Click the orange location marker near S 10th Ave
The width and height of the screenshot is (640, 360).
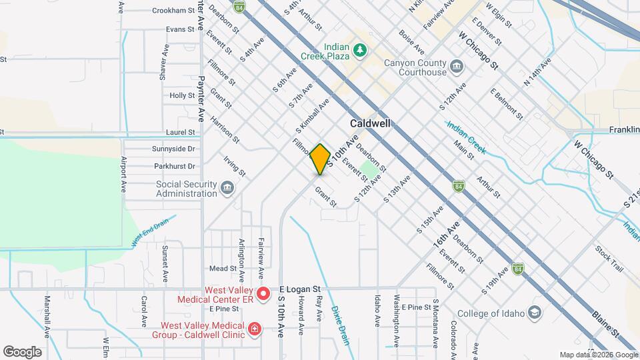[x=320, y=159]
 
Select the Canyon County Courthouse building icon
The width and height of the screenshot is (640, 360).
[x=457, y=67]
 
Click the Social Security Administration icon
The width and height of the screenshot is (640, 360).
[x=227, y=189]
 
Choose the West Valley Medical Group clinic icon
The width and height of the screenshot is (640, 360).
[x=254, y=329]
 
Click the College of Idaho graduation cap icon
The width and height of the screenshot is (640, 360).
[x=535, y=312]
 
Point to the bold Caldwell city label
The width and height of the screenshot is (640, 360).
[x=370, y=124]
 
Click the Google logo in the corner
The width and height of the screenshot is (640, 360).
[x=22, y=351]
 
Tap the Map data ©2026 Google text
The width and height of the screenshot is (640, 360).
[x=598, y=355]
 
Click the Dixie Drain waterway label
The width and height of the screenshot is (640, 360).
[x=340, y=325]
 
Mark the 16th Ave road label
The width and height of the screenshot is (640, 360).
[x=447, y=237]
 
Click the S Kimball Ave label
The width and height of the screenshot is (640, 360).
[x=312, y=115]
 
